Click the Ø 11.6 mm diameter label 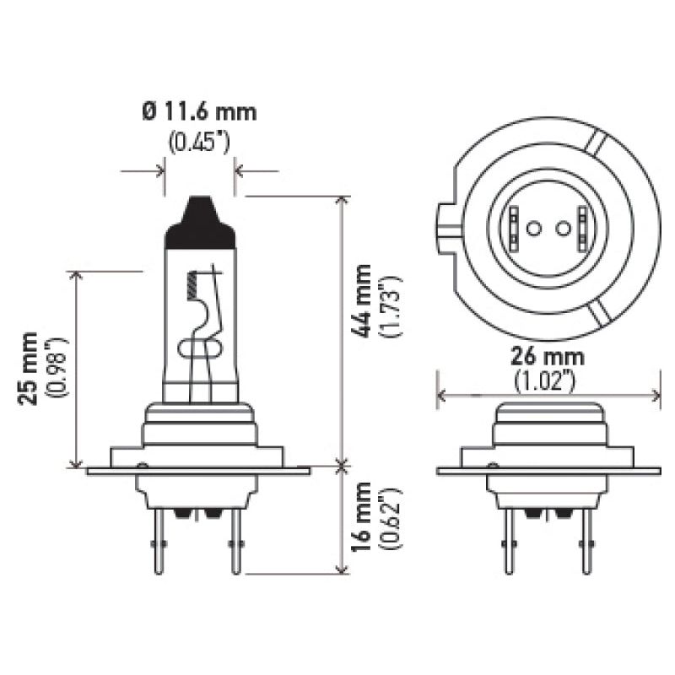(199, 111)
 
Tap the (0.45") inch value (199, 141)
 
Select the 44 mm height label (364, 301)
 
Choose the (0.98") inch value (57, 368)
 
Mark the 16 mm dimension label (364, 517)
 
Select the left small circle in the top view (533, 228)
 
